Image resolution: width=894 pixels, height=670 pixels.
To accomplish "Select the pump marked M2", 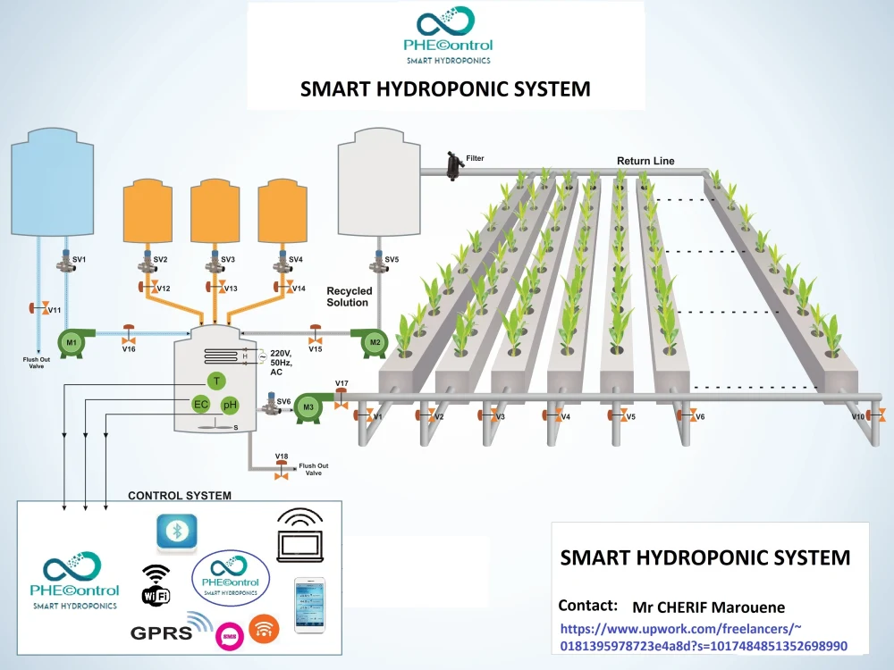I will click(x=373, y=343).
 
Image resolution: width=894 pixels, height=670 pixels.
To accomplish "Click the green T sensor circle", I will click(x=215, y=381).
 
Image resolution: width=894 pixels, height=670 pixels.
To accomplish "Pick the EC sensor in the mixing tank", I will click(x=201, y=405).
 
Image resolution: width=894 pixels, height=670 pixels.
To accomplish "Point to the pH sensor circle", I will click(x=229, y=406).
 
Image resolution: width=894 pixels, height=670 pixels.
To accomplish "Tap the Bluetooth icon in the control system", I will click(x=177, y=532).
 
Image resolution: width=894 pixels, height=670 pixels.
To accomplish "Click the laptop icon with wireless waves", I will click(x=300, y=536).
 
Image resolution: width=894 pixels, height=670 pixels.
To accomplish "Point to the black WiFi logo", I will click(x=156, y=584).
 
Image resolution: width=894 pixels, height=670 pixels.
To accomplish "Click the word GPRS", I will click(x=162, y=633).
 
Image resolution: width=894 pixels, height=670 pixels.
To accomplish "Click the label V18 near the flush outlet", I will click(x=283, y=456).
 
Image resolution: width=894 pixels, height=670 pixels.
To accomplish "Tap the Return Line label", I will click(x=645, y=161).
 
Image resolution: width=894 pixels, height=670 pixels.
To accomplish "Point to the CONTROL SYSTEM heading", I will click(x=180, y=495).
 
